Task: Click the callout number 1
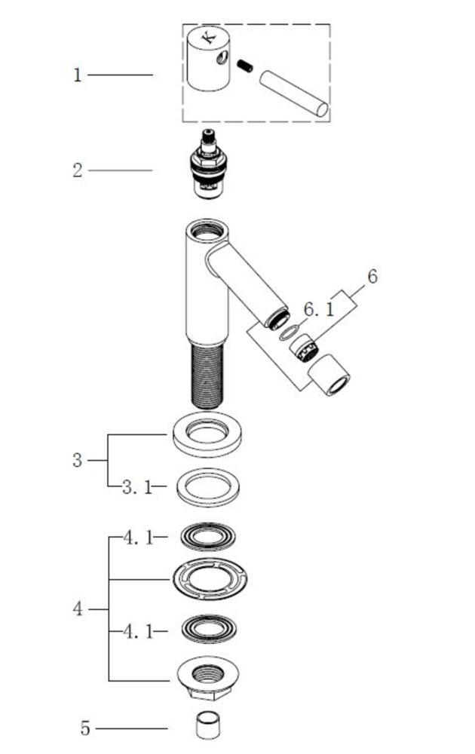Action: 78,75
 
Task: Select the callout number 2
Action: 78,170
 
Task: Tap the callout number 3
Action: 78,460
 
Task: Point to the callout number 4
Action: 78,608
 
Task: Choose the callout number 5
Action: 85,728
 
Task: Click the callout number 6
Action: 372,277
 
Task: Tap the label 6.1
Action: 318,309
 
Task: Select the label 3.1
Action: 137,487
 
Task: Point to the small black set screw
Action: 245,66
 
